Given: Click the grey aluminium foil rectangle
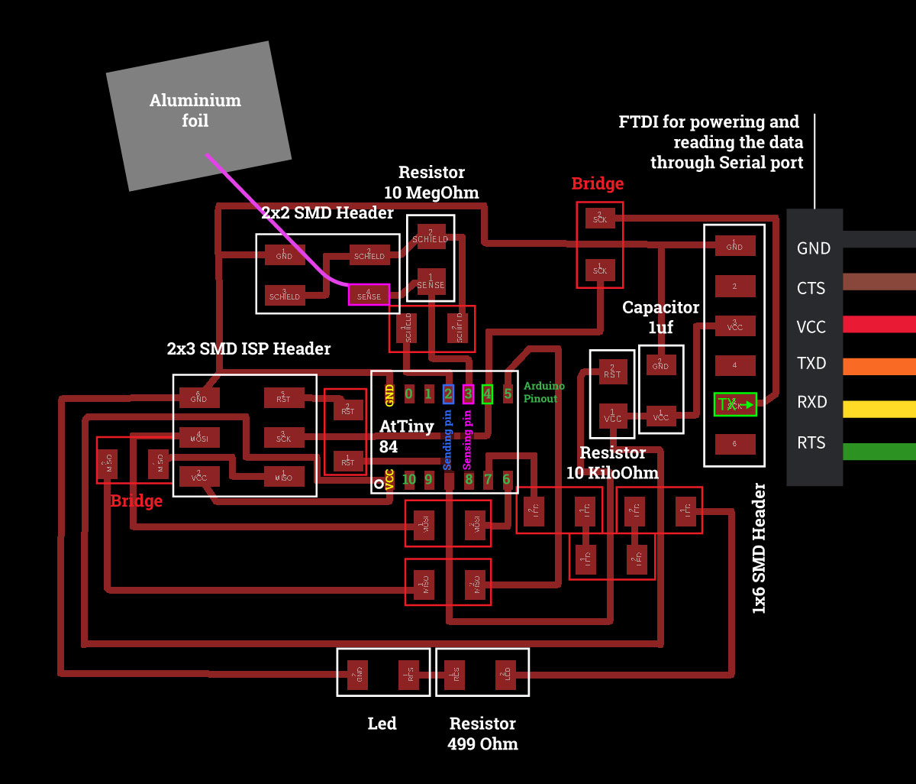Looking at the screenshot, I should coord(198,115).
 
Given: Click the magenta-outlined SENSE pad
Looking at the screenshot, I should coord(369,294).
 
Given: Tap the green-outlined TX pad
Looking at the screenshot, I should coord(734,404).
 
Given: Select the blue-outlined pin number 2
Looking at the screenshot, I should coord(448,394).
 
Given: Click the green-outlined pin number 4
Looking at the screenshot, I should coord(487,394).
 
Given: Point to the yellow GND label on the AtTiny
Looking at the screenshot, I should coord(390,394).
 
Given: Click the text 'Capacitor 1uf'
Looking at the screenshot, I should coord(660,317).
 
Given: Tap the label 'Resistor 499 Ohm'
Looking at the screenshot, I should coord(482,734).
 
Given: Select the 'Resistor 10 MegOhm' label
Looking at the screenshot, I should coord(431,182).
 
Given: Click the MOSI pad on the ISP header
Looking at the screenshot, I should coord(198,438).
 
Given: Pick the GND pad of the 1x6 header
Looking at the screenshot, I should coord(734,245).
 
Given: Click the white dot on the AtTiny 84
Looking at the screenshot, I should coord(379,484).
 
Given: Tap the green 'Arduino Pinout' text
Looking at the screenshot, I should coord(544,392).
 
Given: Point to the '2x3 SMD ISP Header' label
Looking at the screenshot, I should coord(249,348).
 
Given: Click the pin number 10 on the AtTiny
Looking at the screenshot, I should coord(409,480).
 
